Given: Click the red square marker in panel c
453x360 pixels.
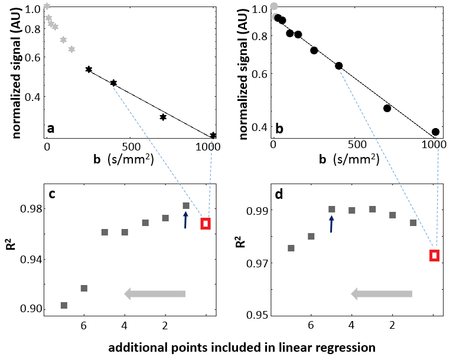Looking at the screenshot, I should click(206, 223).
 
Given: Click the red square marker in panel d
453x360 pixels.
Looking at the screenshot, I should click(435, 256).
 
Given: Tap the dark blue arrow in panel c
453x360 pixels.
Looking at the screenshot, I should click(185, 220).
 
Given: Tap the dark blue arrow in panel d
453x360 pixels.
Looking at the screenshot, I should click(331, 223).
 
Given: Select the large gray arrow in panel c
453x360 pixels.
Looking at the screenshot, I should click(155, 294).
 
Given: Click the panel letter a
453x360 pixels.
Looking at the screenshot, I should click(51, 128).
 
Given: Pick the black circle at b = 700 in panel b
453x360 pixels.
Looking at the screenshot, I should click(387, 108).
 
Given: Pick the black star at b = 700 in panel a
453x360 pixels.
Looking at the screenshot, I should click(163, 117).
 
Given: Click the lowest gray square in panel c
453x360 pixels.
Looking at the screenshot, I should click(64, 305).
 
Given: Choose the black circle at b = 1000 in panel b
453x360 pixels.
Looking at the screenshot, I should click(435, 132).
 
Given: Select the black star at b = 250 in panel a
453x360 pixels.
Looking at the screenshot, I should click(89, 69).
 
